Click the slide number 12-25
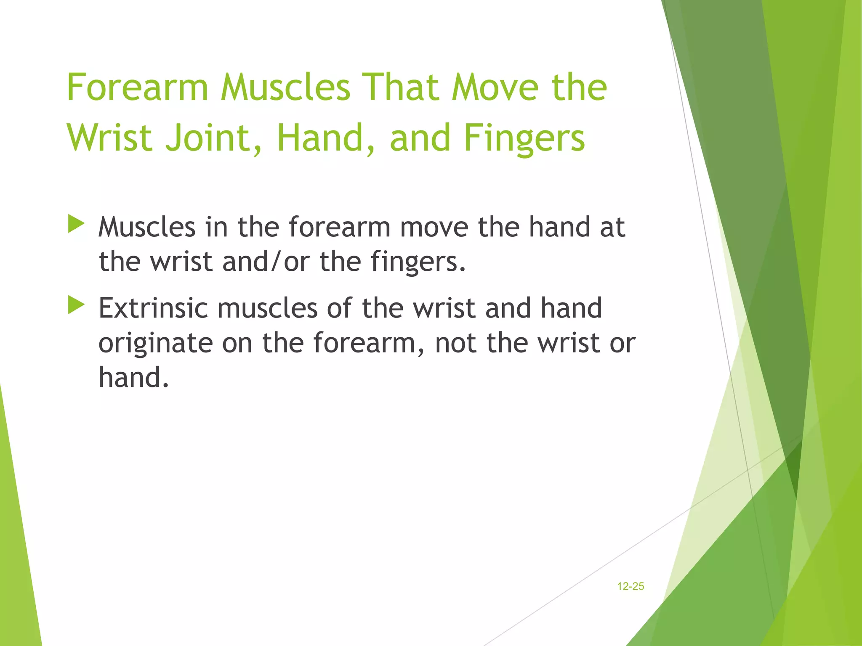pyautogui.click(x=630, y=586)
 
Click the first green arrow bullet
pyautogui.click(x=76, y=223)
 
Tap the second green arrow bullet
pyautogui.click(x=76, y=304)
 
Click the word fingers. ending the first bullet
pyautogui.click(x=418, y=262)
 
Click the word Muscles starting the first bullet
pyautogui.click(x=147, y=227)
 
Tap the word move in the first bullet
pyautogui.click(x=434, y=227)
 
